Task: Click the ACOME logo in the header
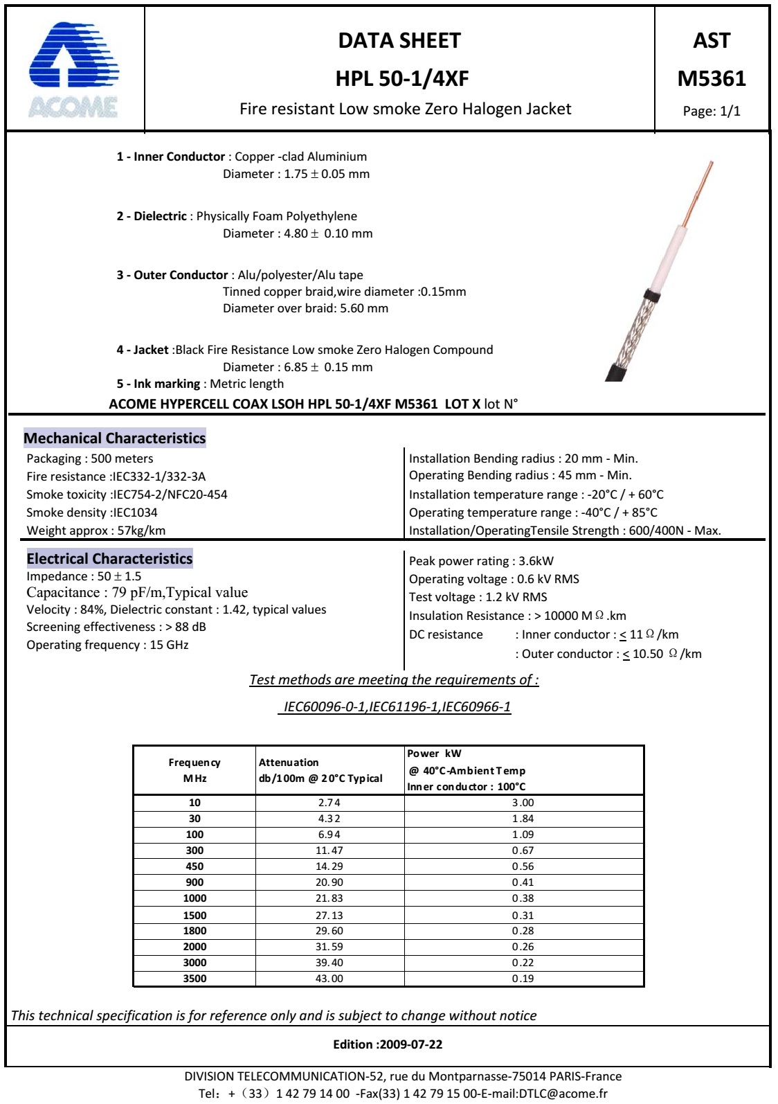tap(74, 69)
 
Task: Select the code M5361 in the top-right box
tap(712, 78)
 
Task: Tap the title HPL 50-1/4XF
tap(401, 78)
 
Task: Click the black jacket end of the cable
tap(617, 371)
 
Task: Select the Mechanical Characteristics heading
tap(114, 438)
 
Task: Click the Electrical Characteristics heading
tap(109, 559)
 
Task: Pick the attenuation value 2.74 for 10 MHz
tap(329, 803)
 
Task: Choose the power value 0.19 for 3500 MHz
tap(523, 979)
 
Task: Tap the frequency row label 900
tap(194, 882)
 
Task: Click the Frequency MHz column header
tap(194, 770)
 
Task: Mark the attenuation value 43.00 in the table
tap(329, 979)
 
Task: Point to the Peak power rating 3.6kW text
tap(481, 561)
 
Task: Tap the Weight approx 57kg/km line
tap(96, 531)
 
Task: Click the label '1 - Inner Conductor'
tap(170, 157)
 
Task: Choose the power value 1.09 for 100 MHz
tap(523, 835)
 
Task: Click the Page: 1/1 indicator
tap(712, 112)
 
